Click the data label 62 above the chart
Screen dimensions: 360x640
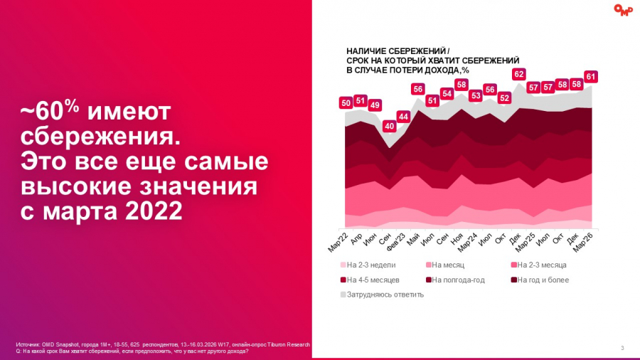click(x=519, y=74)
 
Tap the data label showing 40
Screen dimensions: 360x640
click(x=389, y=127)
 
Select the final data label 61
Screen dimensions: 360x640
click(x=590, y=76)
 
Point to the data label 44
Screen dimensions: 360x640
click(x=403, y=117)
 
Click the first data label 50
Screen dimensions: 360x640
click(x=346, y=103)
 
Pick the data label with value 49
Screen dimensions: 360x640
click(x=375, y=105)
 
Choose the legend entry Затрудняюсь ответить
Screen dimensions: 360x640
click(x=385, y=295)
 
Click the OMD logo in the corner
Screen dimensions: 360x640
click(x=623, y=10)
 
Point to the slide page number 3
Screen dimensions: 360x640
click(x=622, y=348)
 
